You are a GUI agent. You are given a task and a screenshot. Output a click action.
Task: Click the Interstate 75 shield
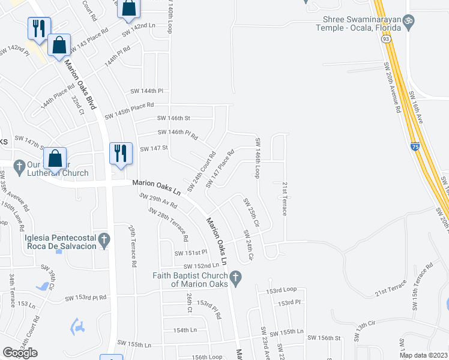click(x=415, y=146)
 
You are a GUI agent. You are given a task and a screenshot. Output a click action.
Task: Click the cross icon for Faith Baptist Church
click(x=236, y=277)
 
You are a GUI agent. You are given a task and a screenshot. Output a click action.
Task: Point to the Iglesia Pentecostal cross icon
click(x=104, y=239)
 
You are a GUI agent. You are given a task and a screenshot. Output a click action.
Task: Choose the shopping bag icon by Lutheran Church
click(x=55, y=158)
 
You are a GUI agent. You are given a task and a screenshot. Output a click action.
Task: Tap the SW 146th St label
click(x=173, y=118)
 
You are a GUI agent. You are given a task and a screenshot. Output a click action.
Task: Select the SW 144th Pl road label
click(x=147, y=91)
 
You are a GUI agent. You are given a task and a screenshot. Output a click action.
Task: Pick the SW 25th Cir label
click(x=250, y=213)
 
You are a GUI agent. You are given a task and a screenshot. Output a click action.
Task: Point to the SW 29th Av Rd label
click(x=158, y=201)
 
